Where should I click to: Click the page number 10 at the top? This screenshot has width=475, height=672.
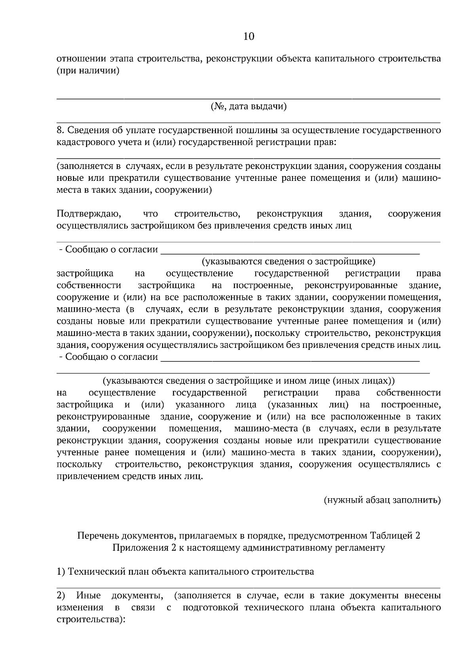tap(249, 37)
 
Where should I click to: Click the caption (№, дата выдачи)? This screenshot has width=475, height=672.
tap(249, 106)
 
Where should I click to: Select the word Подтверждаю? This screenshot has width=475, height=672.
tap(89, 214)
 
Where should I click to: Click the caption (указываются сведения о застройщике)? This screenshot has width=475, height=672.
tap(289, 262)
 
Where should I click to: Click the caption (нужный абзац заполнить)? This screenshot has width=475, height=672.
tap(382, 500)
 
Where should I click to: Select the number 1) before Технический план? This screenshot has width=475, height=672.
tap(61, 571)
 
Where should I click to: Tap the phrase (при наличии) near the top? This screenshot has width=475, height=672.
tap(88, 71)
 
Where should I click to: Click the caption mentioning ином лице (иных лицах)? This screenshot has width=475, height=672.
tap(249, 381)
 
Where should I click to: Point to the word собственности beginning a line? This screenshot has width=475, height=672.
tap(89, 285)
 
